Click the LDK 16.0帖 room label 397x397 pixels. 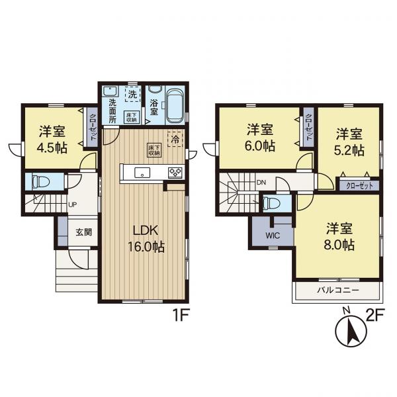coord(146,238)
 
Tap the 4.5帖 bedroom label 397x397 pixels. coord(52,140)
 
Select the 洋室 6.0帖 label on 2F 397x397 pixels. coord(260,138)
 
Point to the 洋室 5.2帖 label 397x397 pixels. coord(349,142)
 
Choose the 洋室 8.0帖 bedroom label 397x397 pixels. coord(339,236)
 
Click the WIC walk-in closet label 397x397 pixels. coord(273,236)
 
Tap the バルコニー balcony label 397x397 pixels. coord(338,290)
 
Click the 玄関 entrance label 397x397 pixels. coord(83,232)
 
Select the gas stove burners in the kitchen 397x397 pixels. coord(175,172)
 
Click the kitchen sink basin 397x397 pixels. coord(142,173)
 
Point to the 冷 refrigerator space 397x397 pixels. coord(175,140)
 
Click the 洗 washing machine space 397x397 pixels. coord(132,94)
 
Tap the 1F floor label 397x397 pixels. coord(180,316)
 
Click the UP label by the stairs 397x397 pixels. coord(73,204)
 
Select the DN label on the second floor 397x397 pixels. coord(261,183)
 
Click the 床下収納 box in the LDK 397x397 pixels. coord(154,150)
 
